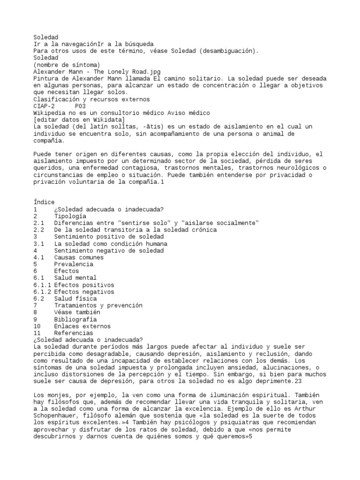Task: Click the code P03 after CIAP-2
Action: point(80,106)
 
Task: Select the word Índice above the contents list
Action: point(44,202)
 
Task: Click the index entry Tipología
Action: point(70,216)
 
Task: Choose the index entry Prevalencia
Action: point(73,264)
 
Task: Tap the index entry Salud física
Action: point(75,298)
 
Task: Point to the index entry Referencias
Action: point(73,333)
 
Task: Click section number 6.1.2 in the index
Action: point(42,292)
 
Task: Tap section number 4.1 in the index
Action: point(39,257)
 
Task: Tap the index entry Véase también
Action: point(77,312)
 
